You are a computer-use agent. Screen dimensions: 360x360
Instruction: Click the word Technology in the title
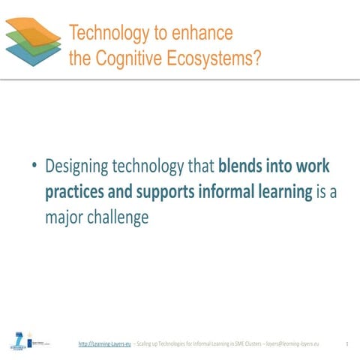click(106, 33)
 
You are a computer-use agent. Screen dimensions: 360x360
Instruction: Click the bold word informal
click(226, 191)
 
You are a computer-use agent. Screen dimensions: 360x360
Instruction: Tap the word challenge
click(120, 217)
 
